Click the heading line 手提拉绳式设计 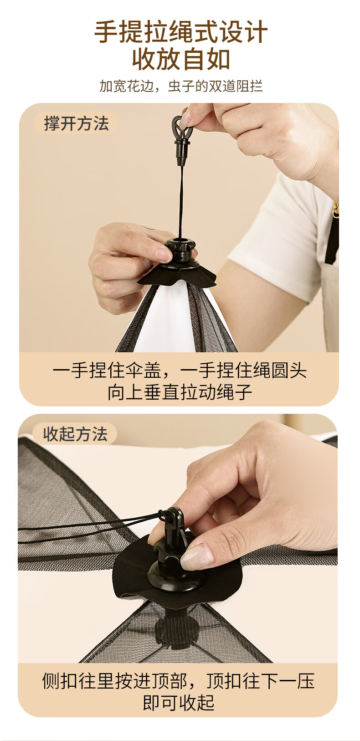click(180, 31)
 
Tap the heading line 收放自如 click(180, 60)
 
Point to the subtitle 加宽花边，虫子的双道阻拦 click(180, 86)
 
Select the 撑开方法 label click(77, 123)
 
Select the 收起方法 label click(76, 434)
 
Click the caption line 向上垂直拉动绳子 click(180, 392)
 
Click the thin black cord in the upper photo click(180, 202)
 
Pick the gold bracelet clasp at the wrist click(336, 211)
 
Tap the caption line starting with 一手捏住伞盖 click(180, 370)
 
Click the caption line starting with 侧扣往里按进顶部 click(178, 681)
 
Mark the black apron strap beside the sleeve click(332, 238)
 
